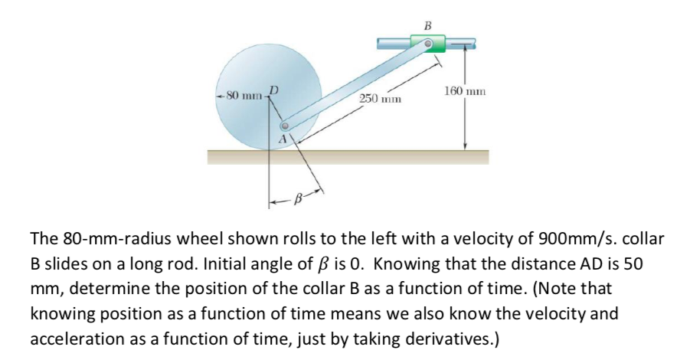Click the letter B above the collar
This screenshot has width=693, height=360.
(x=427, y=25)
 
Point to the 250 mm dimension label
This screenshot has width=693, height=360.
(x=381, y=100)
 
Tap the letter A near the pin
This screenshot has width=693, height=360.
(x=283, y=139)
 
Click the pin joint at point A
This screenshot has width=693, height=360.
(x=285, y=126)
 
